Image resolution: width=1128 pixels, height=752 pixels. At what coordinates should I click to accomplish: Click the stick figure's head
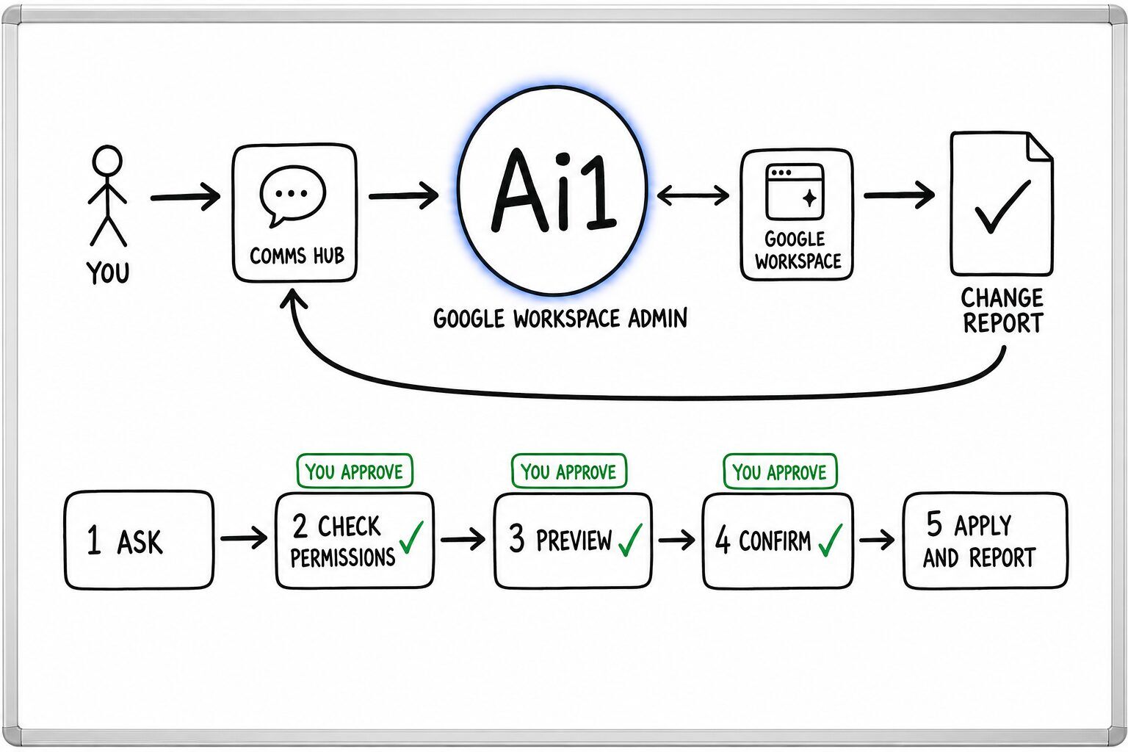(106, 161)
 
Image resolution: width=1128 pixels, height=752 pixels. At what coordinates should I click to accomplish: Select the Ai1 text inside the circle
(553, 191)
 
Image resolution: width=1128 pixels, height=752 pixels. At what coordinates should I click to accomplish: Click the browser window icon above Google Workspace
(795, 192)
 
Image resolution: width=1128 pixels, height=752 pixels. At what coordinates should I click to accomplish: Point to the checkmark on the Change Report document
(1002, 206)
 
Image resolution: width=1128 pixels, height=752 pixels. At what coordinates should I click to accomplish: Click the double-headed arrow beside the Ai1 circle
(693, 195)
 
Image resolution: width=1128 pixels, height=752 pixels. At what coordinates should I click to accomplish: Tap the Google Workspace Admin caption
(560, 319)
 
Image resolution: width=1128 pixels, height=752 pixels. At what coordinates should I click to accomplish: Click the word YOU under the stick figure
(108, 273)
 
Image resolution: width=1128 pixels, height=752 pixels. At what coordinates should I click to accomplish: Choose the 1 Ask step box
(139, 540)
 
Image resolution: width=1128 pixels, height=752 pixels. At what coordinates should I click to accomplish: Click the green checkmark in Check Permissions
(411, 538)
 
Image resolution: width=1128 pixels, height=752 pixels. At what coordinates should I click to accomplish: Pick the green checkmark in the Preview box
(630, 540)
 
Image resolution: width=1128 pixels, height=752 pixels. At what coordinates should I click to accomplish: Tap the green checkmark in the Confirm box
(831, 540)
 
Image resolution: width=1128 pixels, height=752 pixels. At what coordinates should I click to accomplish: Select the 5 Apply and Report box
(985, 540)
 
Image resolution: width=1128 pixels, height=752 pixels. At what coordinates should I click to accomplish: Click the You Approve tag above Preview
(569, 471)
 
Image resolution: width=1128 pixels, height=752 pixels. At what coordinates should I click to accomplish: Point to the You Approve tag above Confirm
(780, 471)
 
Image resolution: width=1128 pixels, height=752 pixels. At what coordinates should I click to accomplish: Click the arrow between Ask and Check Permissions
(245, 538)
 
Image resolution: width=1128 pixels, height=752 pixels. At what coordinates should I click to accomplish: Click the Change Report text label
(1002, 310)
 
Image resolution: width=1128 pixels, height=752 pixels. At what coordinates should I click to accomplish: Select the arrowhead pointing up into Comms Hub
(294, 299)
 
